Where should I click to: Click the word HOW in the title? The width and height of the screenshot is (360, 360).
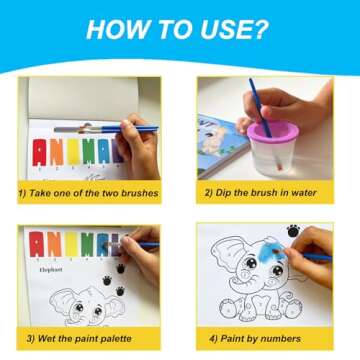116,29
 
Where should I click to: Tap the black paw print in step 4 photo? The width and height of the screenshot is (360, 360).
293,232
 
